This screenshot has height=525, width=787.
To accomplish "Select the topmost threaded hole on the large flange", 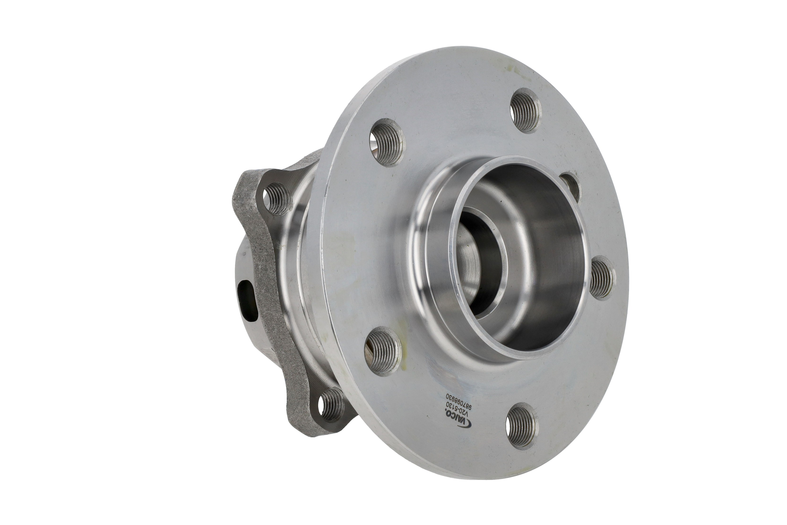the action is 525,110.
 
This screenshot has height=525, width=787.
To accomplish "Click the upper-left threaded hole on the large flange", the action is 387,143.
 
